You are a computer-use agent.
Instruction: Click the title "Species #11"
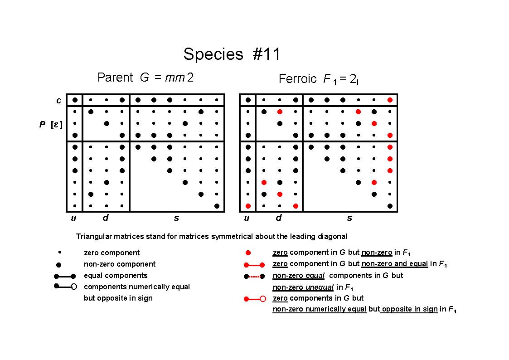tap(232, 54)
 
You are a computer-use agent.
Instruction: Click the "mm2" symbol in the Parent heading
tap(179, 78)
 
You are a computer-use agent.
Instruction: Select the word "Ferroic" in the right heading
tap(297, 79)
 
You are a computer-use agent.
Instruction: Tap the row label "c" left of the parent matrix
tap(59, 100)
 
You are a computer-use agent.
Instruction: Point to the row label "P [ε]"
tap(51, 124)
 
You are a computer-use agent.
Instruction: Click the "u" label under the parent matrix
tap(73, 218)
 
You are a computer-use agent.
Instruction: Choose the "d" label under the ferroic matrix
tap(278, 217)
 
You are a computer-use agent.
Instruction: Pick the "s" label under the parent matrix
tap(176, 218)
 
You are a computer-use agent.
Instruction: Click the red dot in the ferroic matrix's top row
tap(390, 100)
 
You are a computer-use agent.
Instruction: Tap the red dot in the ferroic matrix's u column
tap(248, 206)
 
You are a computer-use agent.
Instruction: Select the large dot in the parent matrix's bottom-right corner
tap(217, 206)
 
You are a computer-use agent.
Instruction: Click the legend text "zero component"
tap(111, 253)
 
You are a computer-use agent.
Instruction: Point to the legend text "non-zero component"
tap(120, 264)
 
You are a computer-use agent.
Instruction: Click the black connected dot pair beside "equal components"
tap(65, 276)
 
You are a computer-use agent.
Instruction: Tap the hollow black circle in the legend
tap(74, 287)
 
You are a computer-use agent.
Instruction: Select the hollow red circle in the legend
tap(263, 299)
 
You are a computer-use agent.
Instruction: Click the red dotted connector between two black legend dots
tap(254, 277)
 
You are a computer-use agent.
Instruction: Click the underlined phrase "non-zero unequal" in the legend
tap(303, 287)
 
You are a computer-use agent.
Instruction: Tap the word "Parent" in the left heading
tap(115, 78)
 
